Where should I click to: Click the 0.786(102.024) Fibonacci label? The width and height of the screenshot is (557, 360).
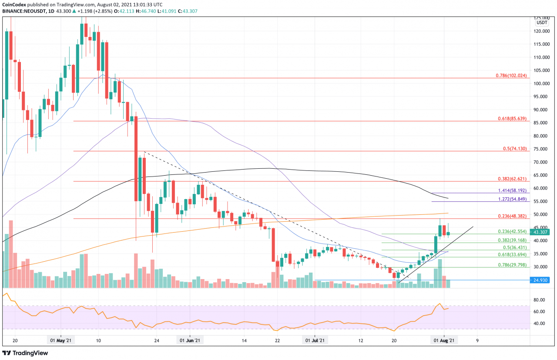[511, 75]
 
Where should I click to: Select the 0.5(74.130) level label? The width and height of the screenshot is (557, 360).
[515, 148]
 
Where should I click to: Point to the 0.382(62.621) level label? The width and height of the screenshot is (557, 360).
[512, 179]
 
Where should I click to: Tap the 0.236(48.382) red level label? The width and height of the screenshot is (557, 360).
[512, 216]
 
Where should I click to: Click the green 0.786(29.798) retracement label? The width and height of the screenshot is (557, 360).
[512, 265]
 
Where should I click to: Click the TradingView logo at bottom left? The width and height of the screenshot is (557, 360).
[25, 353]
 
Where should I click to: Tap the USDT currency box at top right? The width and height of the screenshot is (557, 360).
[542, 22]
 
